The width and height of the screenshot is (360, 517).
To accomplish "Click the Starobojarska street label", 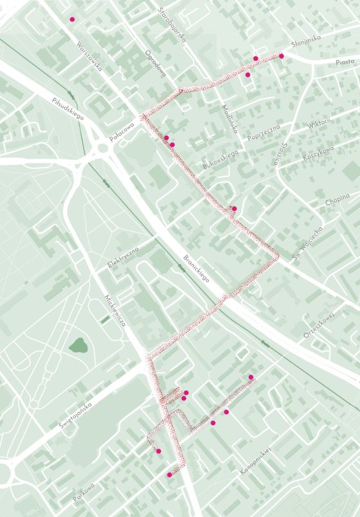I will (172, 24).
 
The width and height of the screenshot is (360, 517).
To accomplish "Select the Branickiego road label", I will (198, 268).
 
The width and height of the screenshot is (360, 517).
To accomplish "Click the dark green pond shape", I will (79, 346).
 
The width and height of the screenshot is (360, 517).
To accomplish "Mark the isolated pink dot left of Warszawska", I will (72, 19).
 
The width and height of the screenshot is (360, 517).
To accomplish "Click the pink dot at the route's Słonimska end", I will (281, 56).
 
